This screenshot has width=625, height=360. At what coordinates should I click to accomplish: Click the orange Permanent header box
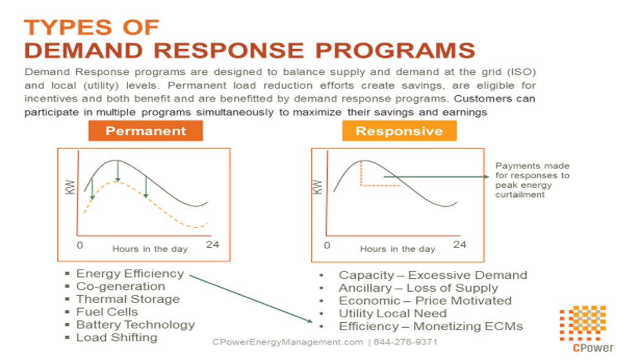[x=145, y=131]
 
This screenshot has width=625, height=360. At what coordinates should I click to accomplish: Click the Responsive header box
[x=399, y=131]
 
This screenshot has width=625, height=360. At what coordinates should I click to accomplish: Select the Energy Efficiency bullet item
[x=129, y=273]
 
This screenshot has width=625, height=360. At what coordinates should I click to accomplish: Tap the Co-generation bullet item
[x=120, y=286]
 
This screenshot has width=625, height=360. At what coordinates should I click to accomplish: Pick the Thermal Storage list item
[x=128, y=299]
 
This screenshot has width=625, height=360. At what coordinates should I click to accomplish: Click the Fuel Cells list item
[x=107, y=312]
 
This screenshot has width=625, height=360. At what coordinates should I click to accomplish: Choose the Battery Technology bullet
[x=135, y=325]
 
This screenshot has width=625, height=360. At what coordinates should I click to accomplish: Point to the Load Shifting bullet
[x=117, y=337]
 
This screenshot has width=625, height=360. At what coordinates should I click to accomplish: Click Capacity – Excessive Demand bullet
[x=433, y=275]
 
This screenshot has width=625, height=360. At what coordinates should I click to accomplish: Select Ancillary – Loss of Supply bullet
[x=418, y=288]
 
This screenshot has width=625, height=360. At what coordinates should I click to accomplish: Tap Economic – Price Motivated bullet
[x=425, y=301]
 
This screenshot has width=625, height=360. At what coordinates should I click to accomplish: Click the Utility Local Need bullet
[x=392, y=314]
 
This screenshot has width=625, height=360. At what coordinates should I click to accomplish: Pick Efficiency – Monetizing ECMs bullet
[x=431, y=326]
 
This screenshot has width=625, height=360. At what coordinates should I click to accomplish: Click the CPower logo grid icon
[x=582, y=324]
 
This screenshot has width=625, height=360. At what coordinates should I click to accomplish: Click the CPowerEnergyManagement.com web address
[x=287, y=342]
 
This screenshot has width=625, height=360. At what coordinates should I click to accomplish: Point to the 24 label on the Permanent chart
[x=212, y=245]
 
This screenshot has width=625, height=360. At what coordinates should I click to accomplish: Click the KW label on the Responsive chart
[x=317, y=186]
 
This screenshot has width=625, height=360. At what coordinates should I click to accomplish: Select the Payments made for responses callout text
[x=532, y=180]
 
